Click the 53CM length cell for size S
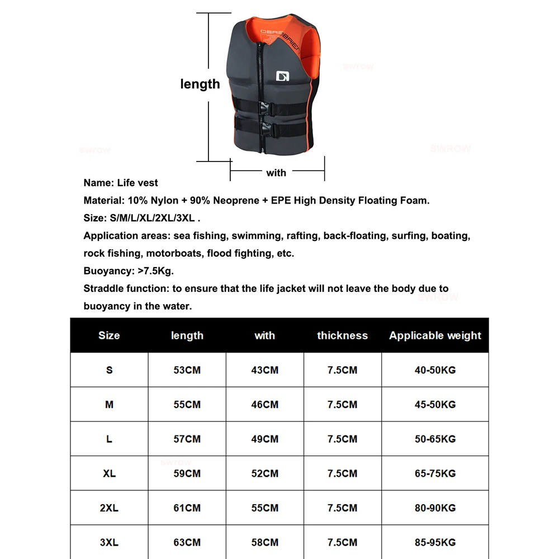click(187, 370)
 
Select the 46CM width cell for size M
click(264, 404)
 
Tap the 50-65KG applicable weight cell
click(435, 439)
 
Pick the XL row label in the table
click(109, 473)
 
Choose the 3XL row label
click(109, 542)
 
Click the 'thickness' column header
click(342, 335)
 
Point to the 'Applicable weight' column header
click(435, 335)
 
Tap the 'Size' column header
click(109, 335)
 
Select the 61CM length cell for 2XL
click(187, 508)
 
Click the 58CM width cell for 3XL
click(264, 542)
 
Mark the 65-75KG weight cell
click(435, 473)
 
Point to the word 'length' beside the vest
click(200, 84)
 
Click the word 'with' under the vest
click(276, 173)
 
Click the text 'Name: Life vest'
click(121, 183)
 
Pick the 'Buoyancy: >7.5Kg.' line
click(129, 271)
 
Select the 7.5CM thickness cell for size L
click(342, 439)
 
